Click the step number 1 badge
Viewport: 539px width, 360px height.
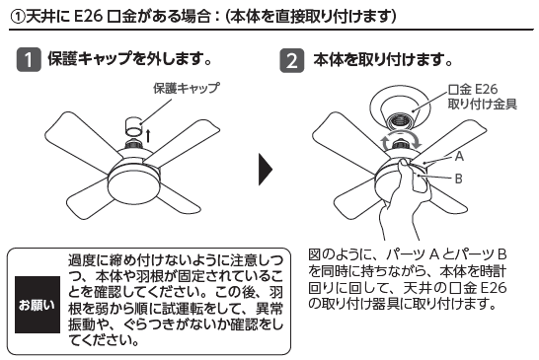tap(29, 60)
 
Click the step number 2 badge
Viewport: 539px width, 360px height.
tap(292, 60)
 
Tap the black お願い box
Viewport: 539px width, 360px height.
tap(38, 305)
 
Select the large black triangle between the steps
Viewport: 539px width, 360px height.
tap(266, 170)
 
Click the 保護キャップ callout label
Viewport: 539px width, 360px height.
tap(187, 89)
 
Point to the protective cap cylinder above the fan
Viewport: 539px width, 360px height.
tap(134, 127)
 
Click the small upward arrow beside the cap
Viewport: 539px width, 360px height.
tap(148, 135)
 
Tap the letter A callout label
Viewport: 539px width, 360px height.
tap(459, 156)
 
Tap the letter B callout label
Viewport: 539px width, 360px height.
tap(459, 179)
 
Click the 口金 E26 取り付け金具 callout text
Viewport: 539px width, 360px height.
tap(483, 97)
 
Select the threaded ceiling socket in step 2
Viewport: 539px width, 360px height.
tap(400, 122)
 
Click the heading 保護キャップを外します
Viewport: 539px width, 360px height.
tap(129, 59)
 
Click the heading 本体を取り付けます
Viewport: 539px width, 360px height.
tap(383, 60)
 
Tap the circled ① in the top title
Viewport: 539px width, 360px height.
tap(17, 16)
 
